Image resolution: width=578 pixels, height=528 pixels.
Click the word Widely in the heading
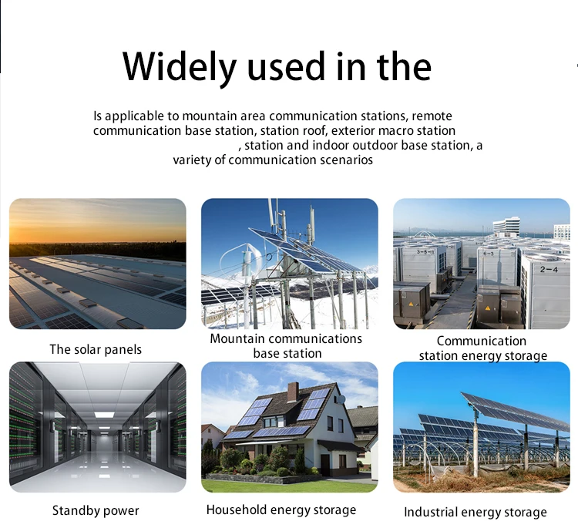click(179, 68)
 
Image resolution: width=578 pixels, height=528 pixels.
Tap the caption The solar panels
click(96, 349)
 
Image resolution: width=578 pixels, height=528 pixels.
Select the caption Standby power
click(96, 511)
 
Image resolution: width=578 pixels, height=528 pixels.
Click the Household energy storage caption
click(281, 510)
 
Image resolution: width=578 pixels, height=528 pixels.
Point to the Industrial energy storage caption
click(476, 512)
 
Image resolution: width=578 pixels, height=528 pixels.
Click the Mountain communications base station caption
click(286, 346)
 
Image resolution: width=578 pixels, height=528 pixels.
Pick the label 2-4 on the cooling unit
click(549, 269)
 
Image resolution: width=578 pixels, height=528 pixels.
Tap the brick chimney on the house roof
click(293, 392)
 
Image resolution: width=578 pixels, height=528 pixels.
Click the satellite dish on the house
click(341, 399)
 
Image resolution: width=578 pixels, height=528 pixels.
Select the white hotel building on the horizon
click(509, 225)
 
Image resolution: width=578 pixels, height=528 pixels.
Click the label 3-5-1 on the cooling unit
click(425, 252)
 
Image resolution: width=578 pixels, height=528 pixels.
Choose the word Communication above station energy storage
click(482, 341)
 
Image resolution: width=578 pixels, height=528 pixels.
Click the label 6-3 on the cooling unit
click(488, 254)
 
